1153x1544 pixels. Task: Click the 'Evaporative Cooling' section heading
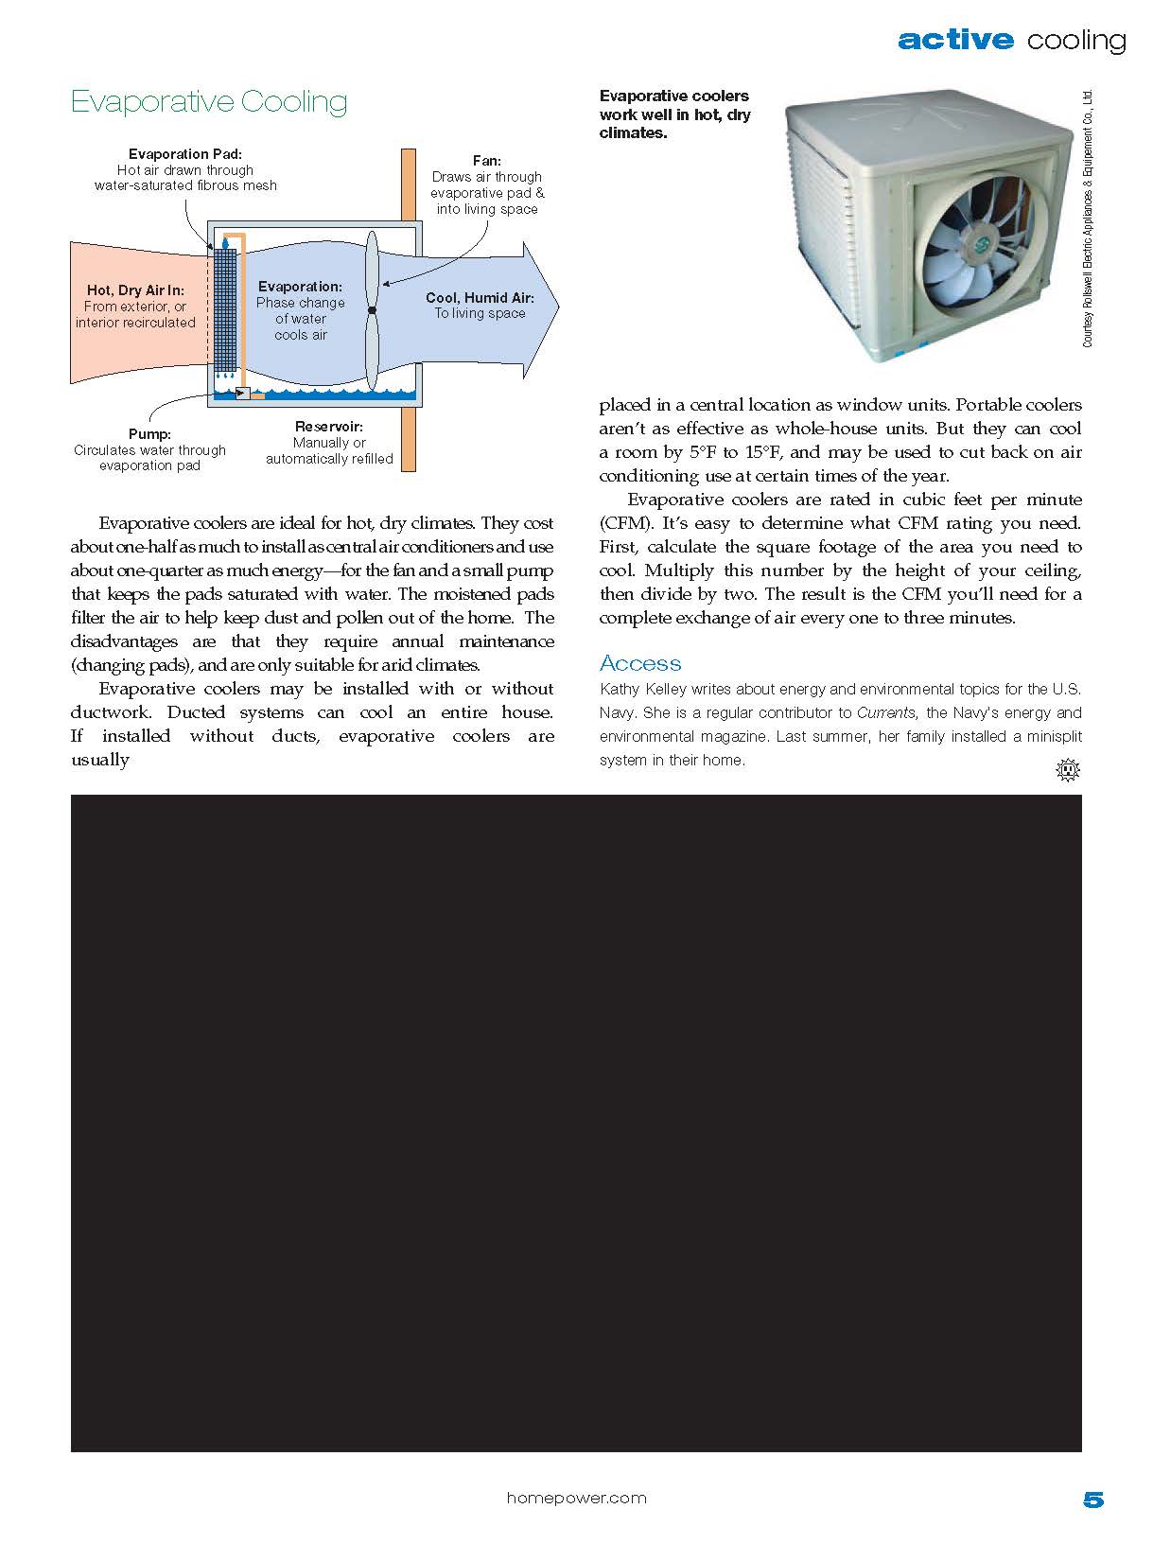tap(209, 101)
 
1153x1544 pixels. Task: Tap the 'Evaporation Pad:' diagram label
tap(185, 154)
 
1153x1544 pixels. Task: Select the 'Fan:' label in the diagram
tap(486, 161)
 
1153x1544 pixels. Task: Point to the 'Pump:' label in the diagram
tap(149, 434)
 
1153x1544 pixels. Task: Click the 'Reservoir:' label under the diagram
tap(328, 427)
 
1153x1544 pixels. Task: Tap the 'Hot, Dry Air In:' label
tap(135, 290)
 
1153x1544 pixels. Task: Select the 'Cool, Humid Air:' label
tap(480, 297)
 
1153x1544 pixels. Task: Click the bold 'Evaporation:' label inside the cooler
tap(300, 286)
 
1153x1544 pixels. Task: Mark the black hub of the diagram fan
tap(372, 310)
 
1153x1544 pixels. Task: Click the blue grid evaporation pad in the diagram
tap(224, 307)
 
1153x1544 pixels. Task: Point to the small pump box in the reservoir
tap(242, 393)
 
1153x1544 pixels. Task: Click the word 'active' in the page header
tap(955, 40)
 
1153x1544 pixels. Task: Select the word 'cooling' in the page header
tap(1076, 40)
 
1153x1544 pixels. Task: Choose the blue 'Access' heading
tap(640, 663)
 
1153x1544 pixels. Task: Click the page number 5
tap(1092, 1500)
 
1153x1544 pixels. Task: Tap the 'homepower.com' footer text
tap(576, 1498)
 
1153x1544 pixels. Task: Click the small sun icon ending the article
tap(1068, 770)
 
